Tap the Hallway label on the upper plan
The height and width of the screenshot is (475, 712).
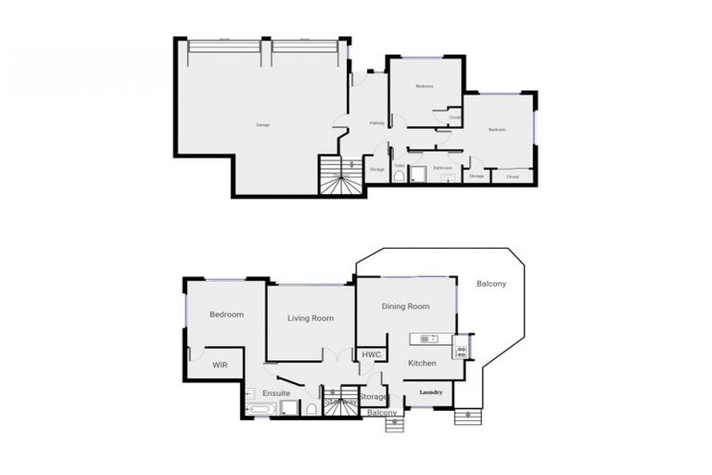pyautogui.click(x=377, y=123)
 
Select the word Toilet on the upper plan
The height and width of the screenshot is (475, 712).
pyautogui.click(x=399, y=167)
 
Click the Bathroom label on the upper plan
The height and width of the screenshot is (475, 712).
pyautogui.click(x=442, y=168)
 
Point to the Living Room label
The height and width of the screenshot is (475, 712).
pyautogui.click(x=311, y=318)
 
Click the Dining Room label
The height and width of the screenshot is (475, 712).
pyautogui.click(x=406, y=307)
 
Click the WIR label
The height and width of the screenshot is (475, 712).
pyautogui.click(x=220, y=366)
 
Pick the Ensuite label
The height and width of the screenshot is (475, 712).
pyautogui.click(x=275, y=393)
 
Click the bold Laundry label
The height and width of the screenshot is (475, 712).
pyautogui.click(x=431, y=392)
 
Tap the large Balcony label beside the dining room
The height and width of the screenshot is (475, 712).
pyautogui.click(x=491, y=284)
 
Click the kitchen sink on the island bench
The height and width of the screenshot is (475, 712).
pyautogui.click(x=427, y=338)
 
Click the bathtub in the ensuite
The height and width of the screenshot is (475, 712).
pyautogui.click(x=260, y=408)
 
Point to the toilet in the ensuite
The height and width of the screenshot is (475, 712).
pyautogui.click(x=312, y=408)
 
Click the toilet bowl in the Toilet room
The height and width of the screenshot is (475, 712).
pyautogui.click(x=399, y=176)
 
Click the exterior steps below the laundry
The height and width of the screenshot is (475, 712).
pyautogui.click(x=466, y=417)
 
